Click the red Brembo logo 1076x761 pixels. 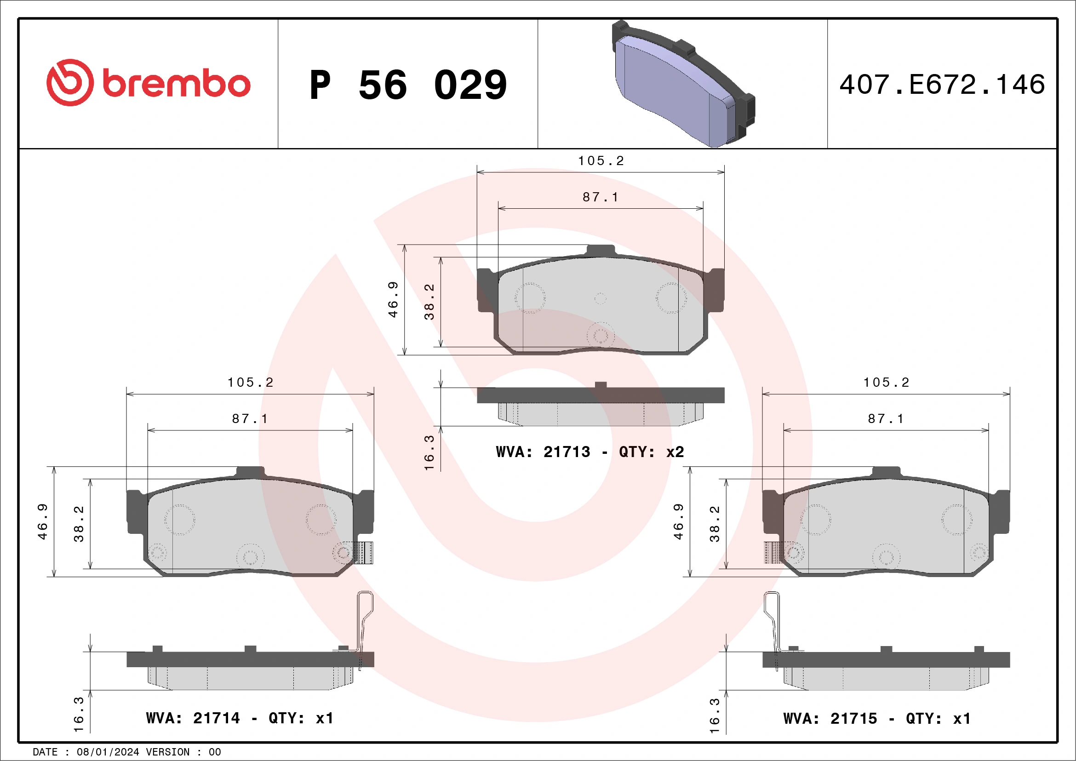click(148, 83)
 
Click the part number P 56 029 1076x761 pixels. click(408, 85)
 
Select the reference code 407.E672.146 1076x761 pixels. click(942, 85)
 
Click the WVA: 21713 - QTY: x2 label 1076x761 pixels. click(590, 452)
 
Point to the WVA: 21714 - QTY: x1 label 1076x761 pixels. click(240, 718)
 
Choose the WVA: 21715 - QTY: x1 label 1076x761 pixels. click(876, 718)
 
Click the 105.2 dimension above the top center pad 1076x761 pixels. click(601, 161)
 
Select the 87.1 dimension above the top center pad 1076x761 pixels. click(601, 197)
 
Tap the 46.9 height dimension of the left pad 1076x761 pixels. click(42, 521)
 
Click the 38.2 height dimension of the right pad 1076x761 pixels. click(714, 523)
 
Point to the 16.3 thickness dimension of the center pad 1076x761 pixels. click(429, 452)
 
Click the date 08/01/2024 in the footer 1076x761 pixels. click(108, 752)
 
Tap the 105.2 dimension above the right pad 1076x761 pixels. click(886, 383)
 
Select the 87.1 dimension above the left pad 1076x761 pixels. click(250, 418)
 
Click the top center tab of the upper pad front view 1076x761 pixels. click(601, 250)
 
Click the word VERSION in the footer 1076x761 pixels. click(167, 752)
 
